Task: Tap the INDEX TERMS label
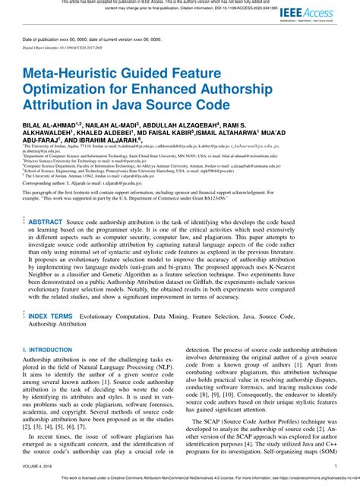pyautogui.click(x=51, y=315)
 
